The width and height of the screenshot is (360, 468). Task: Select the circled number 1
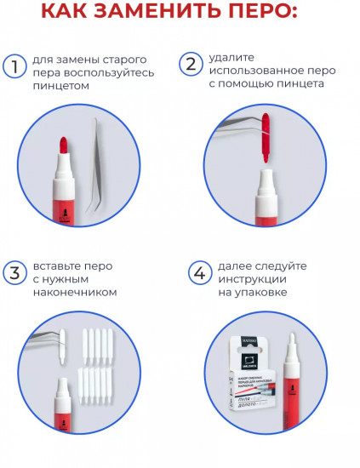click(14, 66)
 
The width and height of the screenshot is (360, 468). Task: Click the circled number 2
click(191, 65)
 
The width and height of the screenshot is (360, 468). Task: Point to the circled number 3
click(14, 273)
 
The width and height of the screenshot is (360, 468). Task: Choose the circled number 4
click(198, 273)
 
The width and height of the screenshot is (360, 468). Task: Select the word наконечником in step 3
click(75, 292)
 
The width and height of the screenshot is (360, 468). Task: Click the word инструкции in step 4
click(251, 279)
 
